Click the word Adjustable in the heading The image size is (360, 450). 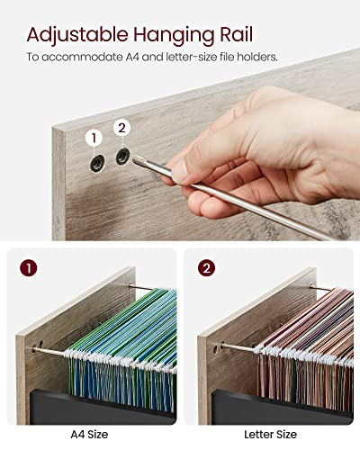[77, 35]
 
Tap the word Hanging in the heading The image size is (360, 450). [174, 35]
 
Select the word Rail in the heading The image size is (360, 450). [237, 34]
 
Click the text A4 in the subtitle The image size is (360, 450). [132, 57]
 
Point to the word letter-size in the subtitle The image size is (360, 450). [191, 57]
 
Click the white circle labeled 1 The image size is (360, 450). [94, 138]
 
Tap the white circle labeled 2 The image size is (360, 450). [121, 128]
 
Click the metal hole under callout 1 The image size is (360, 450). [97, 164]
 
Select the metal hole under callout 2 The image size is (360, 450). [123, 157]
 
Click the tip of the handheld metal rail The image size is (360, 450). [133, 160]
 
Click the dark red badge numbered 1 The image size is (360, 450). [29, 268]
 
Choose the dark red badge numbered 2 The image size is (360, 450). [206, 268]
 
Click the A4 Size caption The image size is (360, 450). [89, 435]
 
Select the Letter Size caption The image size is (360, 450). [270, 435]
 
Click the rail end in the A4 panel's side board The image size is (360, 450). [34, 349]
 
